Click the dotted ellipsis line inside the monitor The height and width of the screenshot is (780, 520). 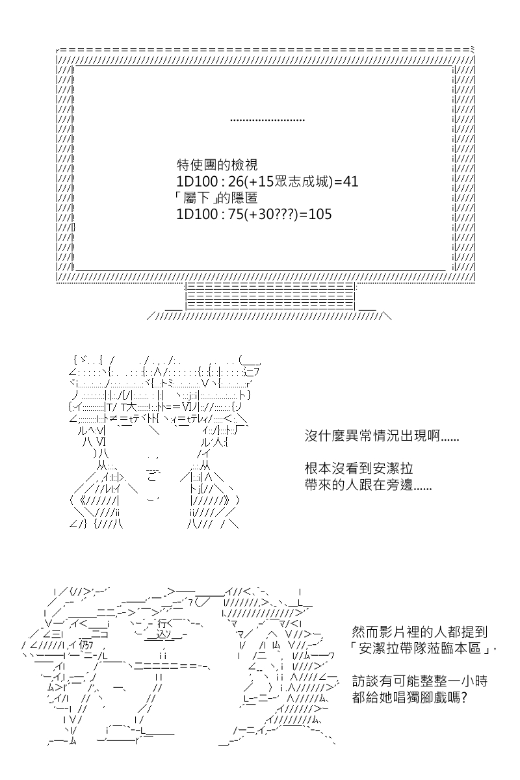click(x=268, y=120)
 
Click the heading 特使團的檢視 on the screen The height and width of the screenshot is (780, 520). click(x=217, y=165)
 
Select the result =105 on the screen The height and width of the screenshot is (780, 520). click(x=315, y=214)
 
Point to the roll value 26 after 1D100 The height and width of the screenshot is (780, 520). click(x=236, y=181)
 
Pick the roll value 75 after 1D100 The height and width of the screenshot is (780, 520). click(x=236, y=214)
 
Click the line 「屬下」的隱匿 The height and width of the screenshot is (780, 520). click(x=216, y=198)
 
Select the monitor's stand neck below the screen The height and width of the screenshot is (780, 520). click(x=270, y=296)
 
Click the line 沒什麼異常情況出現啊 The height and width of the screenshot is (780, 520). click(x=382, y=435)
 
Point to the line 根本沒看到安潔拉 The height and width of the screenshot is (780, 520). click(x=359, y=469)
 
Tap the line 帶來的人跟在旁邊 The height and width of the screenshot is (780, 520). click(x=368, y=485)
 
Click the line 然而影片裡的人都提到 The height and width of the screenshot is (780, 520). click(x=420, y=632)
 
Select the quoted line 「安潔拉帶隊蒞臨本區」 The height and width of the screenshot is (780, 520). click(x=423, y=649)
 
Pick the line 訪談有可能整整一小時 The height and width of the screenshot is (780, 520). click(x=420, y=681)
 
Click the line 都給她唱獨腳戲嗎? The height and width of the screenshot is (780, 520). click(x=409, y=697)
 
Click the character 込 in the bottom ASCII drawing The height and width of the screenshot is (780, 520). click(x=162, y=635)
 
